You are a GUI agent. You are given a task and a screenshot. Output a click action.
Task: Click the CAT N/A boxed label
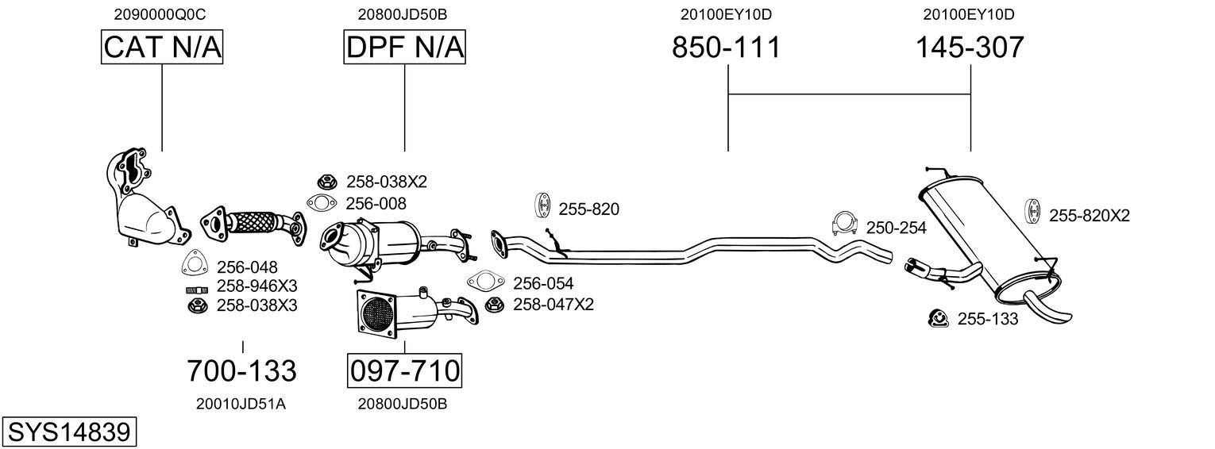click(162, 47)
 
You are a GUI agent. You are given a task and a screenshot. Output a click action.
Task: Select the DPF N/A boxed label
click(405, 47)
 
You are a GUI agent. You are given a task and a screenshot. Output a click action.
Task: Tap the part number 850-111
click(727, 47)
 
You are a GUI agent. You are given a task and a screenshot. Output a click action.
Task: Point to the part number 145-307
click(970, 47)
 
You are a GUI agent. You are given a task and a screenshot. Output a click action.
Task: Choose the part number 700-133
click(242, 371)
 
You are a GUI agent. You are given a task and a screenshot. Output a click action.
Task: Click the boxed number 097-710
click(405, 371)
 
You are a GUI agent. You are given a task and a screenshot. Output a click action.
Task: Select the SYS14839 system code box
click(69, 432)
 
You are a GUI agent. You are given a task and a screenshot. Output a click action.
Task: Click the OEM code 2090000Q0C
click(160, 14)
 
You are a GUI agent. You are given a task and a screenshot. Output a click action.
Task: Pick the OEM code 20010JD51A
click(241, 404)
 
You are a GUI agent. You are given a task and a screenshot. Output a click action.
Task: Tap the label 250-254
click(896, 228)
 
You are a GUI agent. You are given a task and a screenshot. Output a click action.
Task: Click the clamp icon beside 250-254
click(844, 223)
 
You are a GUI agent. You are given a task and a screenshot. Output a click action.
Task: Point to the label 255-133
click(988, 319)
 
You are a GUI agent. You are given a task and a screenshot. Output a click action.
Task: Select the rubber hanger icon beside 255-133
click(938, 318)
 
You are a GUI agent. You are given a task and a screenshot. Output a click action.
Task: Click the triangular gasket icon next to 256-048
click(195, 263)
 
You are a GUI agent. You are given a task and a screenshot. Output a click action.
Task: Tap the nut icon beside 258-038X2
click(326, 182)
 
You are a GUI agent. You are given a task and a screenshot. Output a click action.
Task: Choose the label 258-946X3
click(257, 286)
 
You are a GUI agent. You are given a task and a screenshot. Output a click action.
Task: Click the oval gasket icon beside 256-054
click(485, 281)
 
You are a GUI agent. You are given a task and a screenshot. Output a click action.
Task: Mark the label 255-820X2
click(1090, 216)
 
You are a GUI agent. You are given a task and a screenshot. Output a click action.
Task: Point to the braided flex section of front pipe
click(253, 222)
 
